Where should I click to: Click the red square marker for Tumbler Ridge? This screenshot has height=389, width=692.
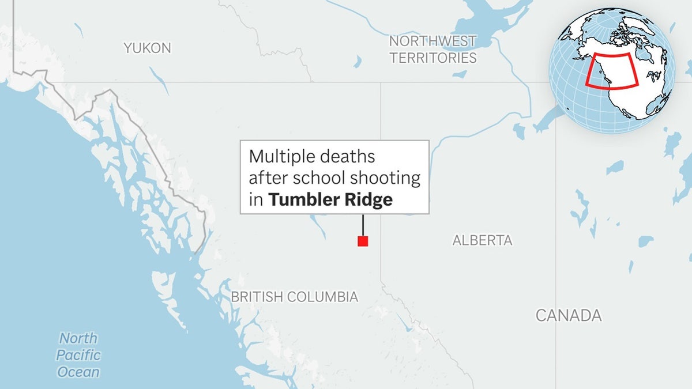click(x=363, y=241)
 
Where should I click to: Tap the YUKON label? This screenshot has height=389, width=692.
click(x=148, y=48)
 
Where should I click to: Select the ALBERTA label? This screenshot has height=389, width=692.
click(x=482, y=240)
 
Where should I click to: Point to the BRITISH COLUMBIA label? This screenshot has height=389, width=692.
click(x=295, y=297)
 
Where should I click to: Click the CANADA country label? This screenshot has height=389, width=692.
click(x=568, y=315)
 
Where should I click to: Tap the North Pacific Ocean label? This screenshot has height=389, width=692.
click(x=78, y=355)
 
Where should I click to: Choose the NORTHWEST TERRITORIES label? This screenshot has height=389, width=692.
click(x=432, y=49)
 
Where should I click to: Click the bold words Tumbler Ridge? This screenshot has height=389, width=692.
click(x=330, y=200)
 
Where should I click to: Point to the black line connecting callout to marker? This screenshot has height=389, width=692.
click(x=363, y=225)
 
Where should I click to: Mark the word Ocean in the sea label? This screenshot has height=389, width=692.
click(x=78, y=372)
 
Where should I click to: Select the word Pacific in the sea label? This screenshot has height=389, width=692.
click(x=78, y=355)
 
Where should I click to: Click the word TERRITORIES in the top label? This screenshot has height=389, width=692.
click(x=432, y=58)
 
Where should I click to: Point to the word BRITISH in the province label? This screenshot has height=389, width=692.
click(x=257, y=297)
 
